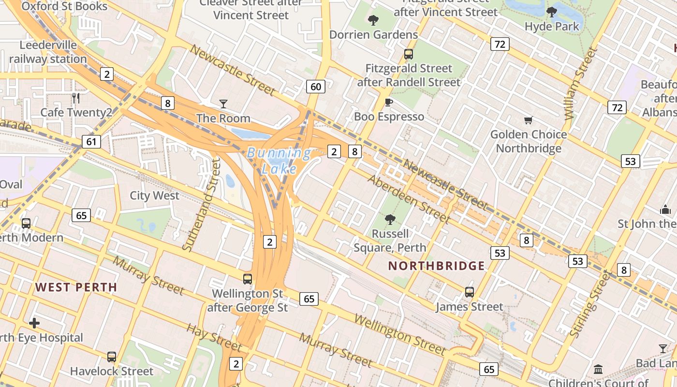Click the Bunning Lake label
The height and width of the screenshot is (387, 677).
pyautogui.click(x=279, y=161)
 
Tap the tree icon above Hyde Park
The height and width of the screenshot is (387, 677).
pyautogui.click(x=551, y=12)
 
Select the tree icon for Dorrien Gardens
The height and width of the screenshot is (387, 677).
pyautogui.click(x=373, y=20)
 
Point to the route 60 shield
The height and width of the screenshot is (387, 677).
pyautogui.click(x=315, y=87)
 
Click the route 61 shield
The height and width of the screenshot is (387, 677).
pyautogui.click(x=91, y=142)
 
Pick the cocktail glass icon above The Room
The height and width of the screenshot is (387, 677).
pyautogui.click(x=223, y=104)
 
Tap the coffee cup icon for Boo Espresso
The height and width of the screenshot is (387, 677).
pyautogui.click(x=388, y=102)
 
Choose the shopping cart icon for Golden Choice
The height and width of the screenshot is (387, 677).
pyautogui.click(x=528, y=120)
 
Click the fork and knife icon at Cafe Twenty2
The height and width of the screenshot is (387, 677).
pyautogui.click(x=75, y=98)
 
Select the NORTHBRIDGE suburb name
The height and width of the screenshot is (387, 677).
pyautogui.click(x=436, y=266)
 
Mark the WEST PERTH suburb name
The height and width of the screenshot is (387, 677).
pyautogui.click(x=76, y=287)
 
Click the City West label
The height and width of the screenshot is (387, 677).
pyautogui.click(x=154, y=195)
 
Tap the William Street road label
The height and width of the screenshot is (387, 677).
pyautogui.click(x=575, y=83)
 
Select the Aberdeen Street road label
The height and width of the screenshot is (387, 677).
pyautogui.click(x=409, y=199)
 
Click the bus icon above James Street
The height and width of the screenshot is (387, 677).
pyautogui.click(x=469, y=292)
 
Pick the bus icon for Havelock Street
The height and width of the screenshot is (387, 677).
pyautogui.click(x=112, y=357)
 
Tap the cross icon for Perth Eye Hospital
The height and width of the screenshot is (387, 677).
pyautogui.click(x=34, y=323)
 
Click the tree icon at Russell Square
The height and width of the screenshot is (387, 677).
pyautogui.click(x=390, y=220)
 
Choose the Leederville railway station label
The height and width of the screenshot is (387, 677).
pyautogui.click(x=48, y=52)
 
